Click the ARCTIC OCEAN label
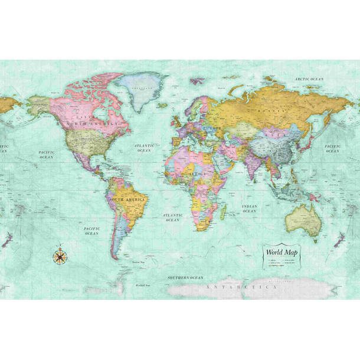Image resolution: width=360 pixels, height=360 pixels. coord(309,78)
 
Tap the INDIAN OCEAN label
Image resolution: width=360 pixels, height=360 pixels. coord(249,208)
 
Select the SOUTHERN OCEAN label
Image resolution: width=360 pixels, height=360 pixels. coord(185,277)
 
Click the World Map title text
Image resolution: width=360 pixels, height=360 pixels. coord(282,252)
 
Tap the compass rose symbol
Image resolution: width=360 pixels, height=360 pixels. coord(60,256)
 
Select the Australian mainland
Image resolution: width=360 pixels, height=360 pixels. coord(302,218)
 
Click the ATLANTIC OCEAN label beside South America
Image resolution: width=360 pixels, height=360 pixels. coord(172,218)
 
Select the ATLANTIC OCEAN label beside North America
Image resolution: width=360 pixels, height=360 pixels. coord(144,148)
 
